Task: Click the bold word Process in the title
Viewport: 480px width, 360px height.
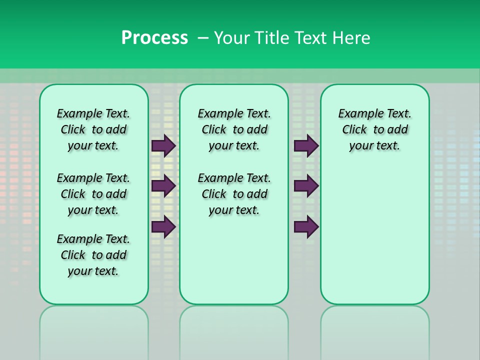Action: click(154, 38)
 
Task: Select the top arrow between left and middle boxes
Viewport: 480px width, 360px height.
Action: click(163, 145)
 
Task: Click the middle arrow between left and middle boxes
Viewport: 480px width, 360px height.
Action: click(163, 186)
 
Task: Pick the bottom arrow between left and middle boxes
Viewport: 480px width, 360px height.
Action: click(163, 226)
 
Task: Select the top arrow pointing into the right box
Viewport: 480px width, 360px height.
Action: click(306, 145)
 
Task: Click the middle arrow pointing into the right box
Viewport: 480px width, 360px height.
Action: click(306, 186)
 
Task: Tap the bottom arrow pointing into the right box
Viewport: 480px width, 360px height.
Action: click(306, 226)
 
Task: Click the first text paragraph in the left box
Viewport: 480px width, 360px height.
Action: click(93, 129)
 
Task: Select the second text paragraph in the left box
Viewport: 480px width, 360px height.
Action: click(93, 194)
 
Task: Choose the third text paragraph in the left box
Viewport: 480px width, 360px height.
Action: click(93, 255)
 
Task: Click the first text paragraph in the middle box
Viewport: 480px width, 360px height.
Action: click(234, 129)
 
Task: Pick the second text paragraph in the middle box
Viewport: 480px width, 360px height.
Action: click(234, 194)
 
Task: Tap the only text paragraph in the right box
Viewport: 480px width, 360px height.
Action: click(374, 129)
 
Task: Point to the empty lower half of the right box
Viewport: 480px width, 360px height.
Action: click(374, 240)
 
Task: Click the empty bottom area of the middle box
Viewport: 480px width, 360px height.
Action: click(234, 265)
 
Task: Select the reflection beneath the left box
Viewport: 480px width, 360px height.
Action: click(94, 330)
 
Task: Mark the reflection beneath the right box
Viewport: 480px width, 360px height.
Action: click(374, 330)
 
